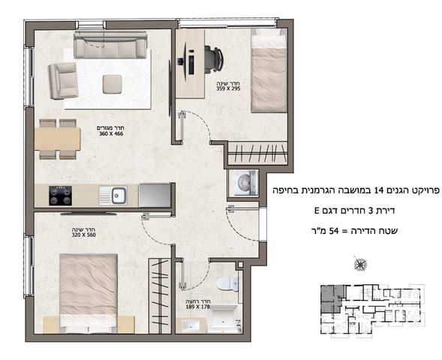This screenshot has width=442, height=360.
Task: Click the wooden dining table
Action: [x=57, y=138]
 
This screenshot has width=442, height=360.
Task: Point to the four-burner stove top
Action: [x=60, y=196]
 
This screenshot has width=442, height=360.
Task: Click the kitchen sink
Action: [x=119, y=196]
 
